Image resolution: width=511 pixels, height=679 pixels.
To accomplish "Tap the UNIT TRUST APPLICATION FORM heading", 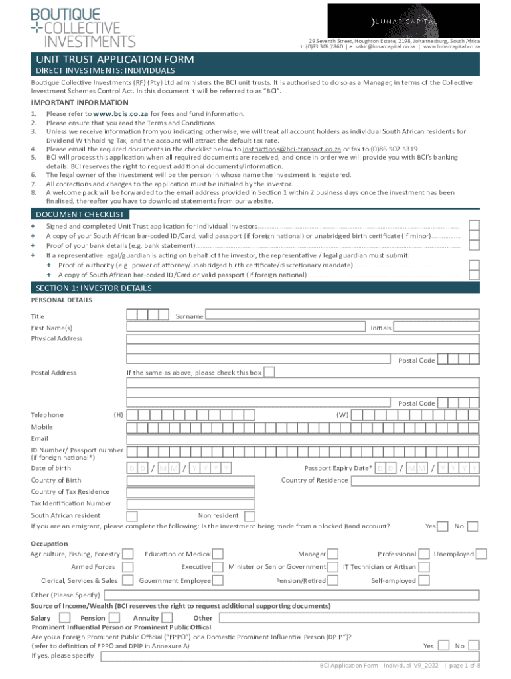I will coord(115,60).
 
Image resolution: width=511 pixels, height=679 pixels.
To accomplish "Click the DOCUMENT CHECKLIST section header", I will coord(80,214).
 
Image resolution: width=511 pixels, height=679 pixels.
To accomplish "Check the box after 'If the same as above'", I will coord(269,372).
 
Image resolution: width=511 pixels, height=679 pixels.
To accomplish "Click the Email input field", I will coord(303,438).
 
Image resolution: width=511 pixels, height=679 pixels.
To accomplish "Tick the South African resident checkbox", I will coord(132,515).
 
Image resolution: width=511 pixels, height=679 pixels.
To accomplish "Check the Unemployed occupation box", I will coord(482,554).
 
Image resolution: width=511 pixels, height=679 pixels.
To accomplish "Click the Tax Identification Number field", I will coord(303,503).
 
